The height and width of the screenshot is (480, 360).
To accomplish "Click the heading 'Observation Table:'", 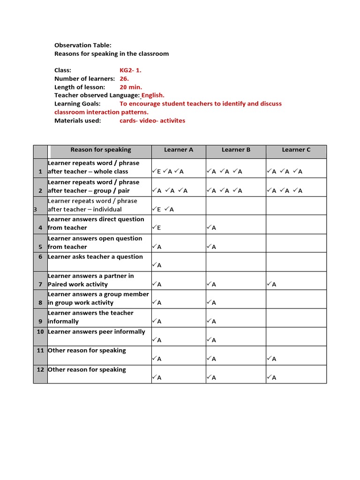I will point(83,45).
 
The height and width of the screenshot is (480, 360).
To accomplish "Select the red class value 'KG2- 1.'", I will point(130,70).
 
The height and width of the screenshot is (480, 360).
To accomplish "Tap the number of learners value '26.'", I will point(124,79).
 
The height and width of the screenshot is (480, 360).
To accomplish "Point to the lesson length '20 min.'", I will point(131,87).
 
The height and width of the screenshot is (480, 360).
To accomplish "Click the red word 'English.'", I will point(150,95).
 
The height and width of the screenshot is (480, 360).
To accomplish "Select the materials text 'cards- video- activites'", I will point(152,120).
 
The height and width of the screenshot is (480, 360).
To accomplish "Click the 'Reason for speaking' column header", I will point(101,150).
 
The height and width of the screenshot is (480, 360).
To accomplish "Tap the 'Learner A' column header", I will point(179,150).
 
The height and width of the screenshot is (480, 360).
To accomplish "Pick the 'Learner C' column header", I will point(296,150).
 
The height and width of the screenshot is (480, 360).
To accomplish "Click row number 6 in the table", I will point(40,257).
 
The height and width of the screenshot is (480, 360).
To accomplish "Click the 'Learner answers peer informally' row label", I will point(97,332).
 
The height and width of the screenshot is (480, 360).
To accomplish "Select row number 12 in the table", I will point(40,370).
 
